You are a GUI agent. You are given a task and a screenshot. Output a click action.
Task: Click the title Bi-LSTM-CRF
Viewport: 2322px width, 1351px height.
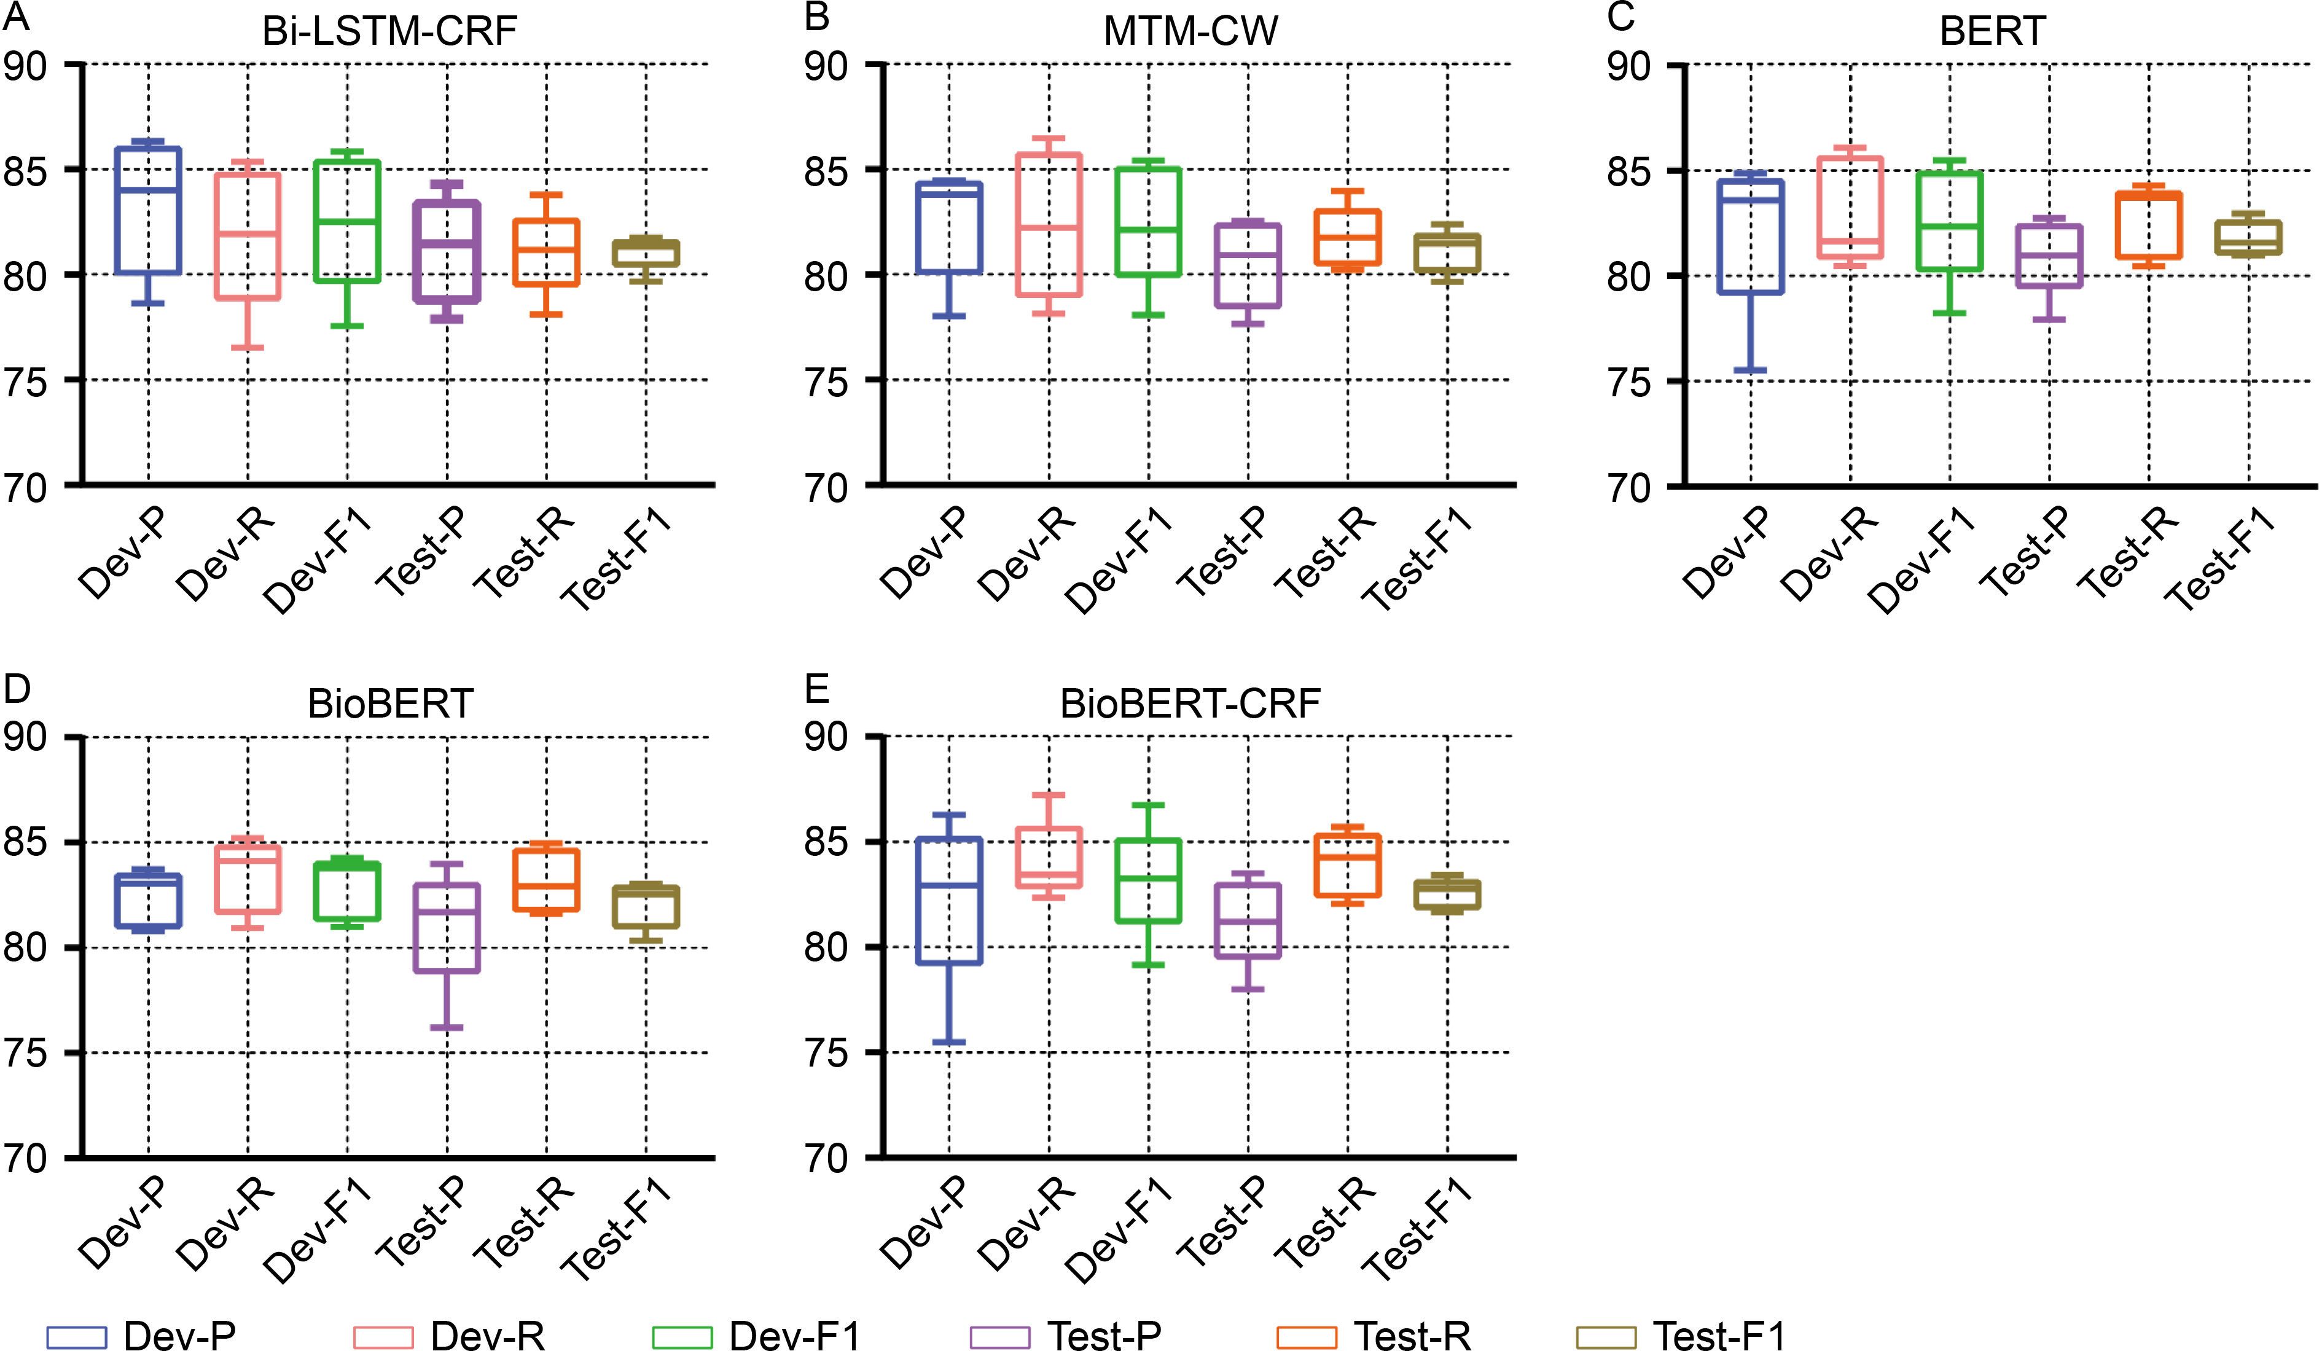(x=389, y=31)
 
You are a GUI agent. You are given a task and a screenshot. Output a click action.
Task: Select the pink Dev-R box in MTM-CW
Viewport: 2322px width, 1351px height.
(x=1049, y=225)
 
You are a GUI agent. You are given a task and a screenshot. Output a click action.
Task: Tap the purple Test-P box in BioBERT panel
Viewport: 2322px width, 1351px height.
(x=447, y=928)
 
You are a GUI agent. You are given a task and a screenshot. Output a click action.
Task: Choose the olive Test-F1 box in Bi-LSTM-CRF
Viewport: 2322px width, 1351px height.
(x=646, y=253)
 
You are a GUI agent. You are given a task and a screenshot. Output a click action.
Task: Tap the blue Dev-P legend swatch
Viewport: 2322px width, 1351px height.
(x=77, y=1336)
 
